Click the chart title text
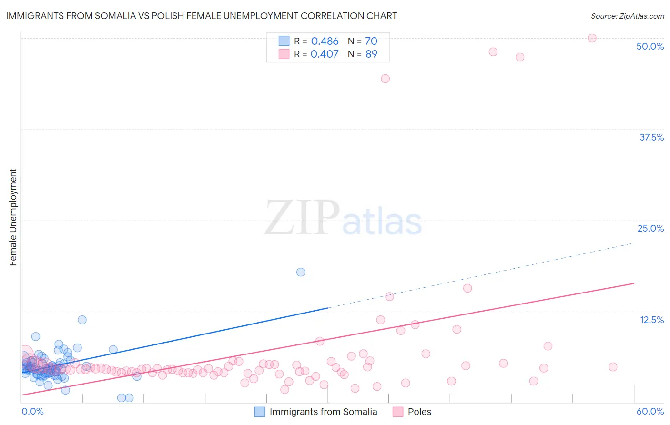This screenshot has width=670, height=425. pyautogui.click(x=201, y=16)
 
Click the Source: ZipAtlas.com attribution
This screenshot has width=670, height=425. pyautogui.click(x=627, y=16)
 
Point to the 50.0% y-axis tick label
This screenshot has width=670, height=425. pyautogui.click(x=650, y=46)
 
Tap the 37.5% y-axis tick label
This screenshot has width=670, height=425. pyautogui.click(x=651, y=137)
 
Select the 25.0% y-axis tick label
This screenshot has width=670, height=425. pyautogui.click(x=650, y=228)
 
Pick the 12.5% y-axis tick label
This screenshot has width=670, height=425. pyautogui.click(x=651, y=320)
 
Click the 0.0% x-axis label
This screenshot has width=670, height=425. pyautogui.click(x=32, y=411)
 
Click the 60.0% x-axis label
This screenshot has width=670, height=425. pyautogui.click(x=650, y=411)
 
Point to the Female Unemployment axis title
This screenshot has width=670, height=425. pyautogui.click(x=13, y=217)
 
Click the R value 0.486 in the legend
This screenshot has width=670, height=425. pyautogui.click(x=325, y=41)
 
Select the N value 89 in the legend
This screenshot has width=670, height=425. pyautogui.click(x=371, y=54)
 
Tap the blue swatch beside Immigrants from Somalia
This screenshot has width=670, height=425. pyautogui.click(x=260, y=412)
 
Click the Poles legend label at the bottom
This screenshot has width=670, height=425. pyautogui.click(x=419, y=412)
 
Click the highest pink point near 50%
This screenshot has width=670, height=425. pyautogui.click(x=592, y=38)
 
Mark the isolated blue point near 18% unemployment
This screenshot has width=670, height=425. pyautogui.click(x=301, y=272)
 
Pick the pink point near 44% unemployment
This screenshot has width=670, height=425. pyautogui.click(x=385, y=79)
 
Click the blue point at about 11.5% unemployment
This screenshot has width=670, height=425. pyautogui.click(x=82, y=320)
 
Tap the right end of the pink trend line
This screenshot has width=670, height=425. pyautogui.click(x=634, y=283)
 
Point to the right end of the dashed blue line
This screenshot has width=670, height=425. pyautogui.click(x=632, y=243)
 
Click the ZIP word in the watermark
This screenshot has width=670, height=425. pyautogui.click(x=302, y=218)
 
